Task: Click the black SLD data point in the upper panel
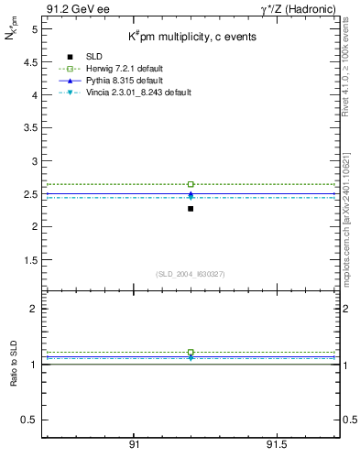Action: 191,209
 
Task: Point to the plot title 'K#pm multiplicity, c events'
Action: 191,37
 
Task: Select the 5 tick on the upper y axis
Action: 34,29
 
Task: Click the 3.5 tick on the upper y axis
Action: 31,127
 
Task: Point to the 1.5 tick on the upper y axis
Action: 31,259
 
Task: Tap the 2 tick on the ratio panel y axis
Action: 34,309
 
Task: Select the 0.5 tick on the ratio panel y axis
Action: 31,420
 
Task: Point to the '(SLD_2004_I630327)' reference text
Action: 190,274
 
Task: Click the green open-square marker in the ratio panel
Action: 191,352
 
